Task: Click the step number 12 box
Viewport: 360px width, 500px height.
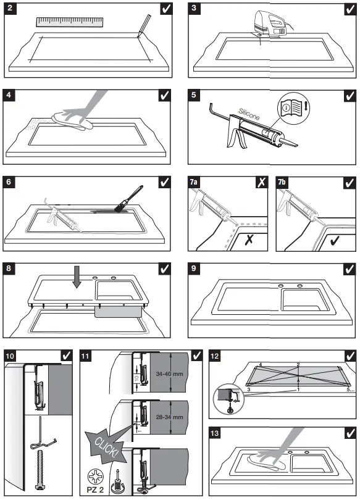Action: [x=216, y=356]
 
